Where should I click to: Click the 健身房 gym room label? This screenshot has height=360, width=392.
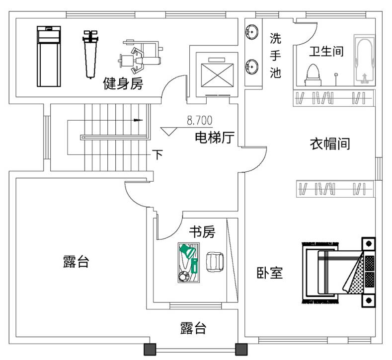point(123,83)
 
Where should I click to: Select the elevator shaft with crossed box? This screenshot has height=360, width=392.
point(214,74)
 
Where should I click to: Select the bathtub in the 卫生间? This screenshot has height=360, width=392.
point(364,59)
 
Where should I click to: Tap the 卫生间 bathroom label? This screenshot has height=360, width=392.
point(326,52)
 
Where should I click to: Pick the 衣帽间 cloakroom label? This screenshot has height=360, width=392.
point(330,144)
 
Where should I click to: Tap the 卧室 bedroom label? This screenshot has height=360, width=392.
point(270,273)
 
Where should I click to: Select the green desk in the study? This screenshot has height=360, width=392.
point(189,262)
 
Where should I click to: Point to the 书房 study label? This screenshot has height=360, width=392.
point(202,231)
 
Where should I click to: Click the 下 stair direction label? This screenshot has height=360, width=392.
point(157,155)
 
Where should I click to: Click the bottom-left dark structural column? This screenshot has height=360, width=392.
point(150,349)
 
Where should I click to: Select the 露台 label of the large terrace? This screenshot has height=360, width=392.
point(76,262)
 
